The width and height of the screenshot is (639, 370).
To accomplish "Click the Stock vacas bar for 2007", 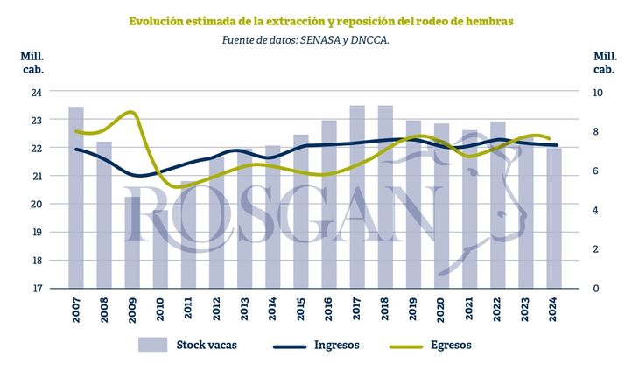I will coord(76,197).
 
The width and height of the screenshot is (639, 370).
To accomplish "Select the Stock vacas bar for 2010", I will coord(160,248).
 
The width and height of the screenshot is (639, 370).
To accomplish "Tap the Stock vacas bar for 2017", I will coord(357,197).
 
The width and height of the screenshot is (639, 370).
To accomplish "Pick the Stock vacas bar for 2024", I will coord(554,218).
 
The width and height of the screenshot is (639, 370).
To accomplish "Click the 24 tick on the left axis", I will coord(36,91).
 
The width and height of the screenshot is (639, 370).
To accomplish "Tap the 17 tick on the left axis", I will coord(36,289).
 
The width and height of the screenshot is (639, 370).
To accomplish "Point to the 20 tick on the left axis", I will coord(36,204).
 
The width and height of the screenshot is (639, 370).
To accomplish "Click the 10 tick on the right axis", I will coord(599,91).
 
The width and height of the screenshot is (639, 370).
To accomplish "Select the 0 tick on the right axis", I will coord(596,289).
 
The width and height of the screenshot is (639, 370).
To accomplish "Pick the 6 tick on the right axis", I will coord(596,171).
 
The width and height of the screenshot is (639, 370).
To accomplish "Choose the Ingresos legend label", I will coord(337,345).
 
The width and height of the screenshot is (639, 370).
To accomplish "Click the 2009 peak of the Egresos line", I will coord(130,113).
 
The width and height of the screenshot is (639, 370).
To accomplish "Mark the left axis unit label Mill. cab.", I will coord(32,62).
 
